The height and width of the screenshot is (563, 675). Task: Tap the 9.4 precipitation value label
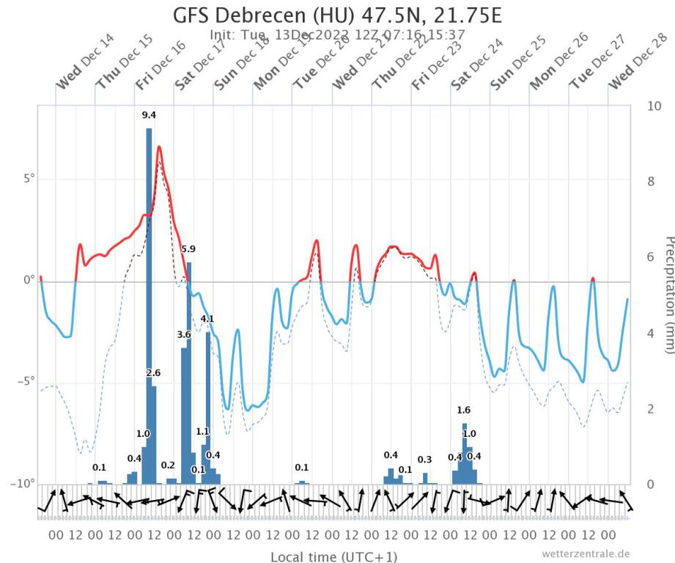pos(149,115)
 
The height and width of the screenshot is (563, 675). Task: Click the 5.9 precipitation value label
pos(189,249)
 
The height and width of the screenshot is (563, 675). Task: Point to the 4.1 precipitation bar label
pos(207,319)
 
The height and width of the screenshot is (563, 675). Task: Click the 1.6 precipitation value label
pos(464,411)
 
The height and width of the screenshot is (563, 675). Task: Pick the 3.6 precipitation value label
pos(184,335)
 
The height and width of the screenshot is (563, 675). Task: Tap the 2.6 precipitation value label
pos(153,373)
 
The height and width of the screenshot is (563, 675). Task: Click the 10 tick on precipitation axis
pos(654,106)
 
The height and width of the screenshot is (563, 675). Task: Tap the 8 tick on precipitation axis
pos(652,182)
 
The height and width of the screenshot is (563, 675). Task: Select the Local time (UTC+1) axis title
pos(334,557)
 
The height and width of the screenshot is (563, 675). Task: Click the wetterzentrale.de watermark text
pos(586,553)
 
